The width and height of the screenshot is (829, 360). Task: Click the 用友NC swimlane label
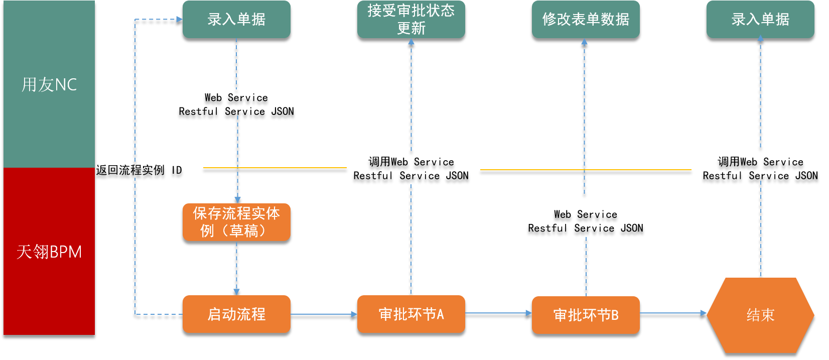[x=49, y=84]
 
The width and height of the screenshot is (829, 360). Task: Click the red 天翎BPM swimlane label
[x=49, y=251]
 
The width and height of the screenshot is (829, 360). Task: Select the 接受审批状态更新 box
[x=411, y=19]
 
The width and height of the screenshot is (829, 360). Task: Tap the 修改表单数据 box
[x=586, y=19]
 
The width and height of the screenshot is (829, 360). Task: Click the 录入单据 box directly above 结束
[x=760, y=19]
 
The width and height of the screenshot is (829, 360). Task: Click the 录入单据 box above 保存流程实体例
[x=236, y=19]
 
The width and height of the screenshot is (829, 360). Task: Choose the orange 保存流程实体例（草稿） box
[x=236, y=222]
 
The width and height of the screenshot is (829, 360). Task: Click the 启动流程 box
[x=236, y=314]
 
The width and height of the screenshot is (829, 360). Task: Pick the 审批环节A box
[x=411, y=314]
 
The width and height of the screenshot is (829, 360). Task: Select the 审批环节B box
[x=586, y=315]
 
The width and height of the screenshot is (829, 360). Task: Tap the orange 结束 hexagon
[x=760, y=315]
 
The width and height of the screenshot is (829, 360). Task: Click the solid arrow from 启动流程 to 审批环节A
[x=324, y=314]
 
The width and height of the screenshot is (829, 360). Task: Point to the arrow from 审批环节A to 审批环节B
[x=498, y=313]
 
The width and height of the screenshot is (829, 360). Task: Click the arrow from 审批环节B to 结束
[x=672, y=313]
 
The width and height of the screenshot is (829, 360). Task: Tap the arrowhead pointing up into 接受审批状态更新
[x=411, y=42]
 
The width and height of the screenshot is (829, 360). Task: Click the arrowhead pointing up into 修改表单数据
[x=584, y=42]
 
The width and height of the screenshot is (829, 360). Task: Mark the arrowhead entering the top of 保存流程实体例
[x=237, y=199]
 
